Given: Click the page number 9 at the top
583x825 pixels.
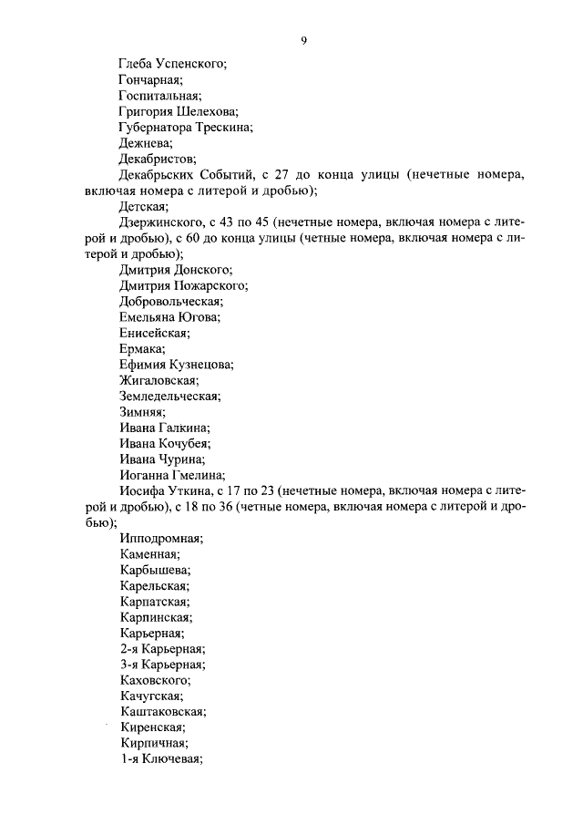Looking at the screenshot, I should [303, 41].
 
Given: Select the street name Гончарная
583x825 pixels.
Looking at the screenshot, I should [151, 79].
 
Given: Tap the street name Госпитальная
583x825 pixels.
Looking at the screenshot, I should [160, 95].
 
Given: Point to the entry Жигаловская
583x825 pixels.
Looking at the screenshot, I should [159, 380].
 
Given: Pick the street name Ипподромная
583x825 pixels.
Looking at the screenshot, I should [161, 539].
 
